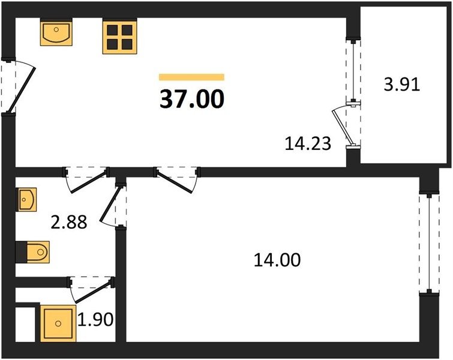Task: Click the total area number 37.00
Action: click(x=192, y=99)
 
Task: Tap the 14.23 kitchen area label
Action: click(x=308, y=143)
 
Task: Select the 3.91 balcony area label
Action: click(x=401, y=85)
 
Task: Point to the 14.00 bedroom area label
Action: click(x=277, y=259)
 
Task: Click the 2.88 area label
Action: click(x=69, y=223)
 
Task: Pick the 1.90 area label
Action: click(x=95, y=320)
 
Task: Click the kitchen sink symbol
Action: click(x=56, y=32)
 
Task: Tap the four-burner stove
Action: click(x=119, y=36)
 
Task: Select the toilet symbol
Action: click(x=38, y=252)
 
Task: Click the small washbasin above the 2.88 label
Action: click(x=28, y=199)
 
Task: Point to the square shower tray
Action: click(x=58, y=323)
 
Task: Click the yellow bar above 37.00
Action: click(x=192, y=77)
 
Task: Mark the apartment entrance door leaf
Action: click(x=22, y=90)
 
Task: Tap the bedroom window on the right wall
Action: click(x=430, y=243)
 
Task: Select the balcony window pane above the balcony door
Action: click(x=353, y=71)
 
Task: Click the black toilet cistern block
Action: click(x=21, y=252)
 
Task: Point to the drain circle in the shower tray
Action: click(x=58, y=323)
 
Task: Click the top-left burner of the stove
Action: click(x=112, y=30)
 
